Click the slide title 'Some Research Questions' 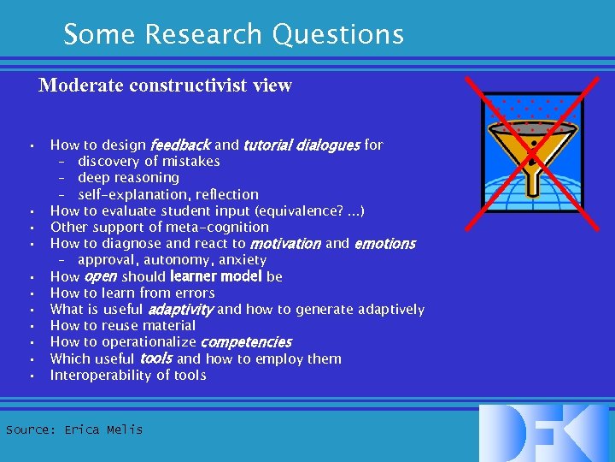coord(233,34)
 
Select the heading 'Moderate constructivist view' coord(165,86)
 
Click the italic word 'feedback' coord(179,145)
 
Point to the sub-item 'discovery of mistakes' coord(149,162)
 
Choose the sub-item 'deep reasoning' coord(128,178)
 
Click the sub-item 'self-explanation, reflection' coord(167,194)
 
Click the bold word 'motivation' coord(285,244)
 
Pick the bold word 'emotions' coord(384,244)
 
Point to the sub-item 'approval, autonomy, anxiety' coord(172,260)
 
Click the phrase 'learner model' coord(216,276)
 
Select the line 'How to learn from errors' coord(132,293)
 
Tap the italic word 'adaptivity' coord(181,310)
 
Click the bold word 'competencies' coord(246,342)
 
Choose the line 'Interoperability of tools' coord(128,376)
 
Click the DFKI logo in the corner coord(544,433)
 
